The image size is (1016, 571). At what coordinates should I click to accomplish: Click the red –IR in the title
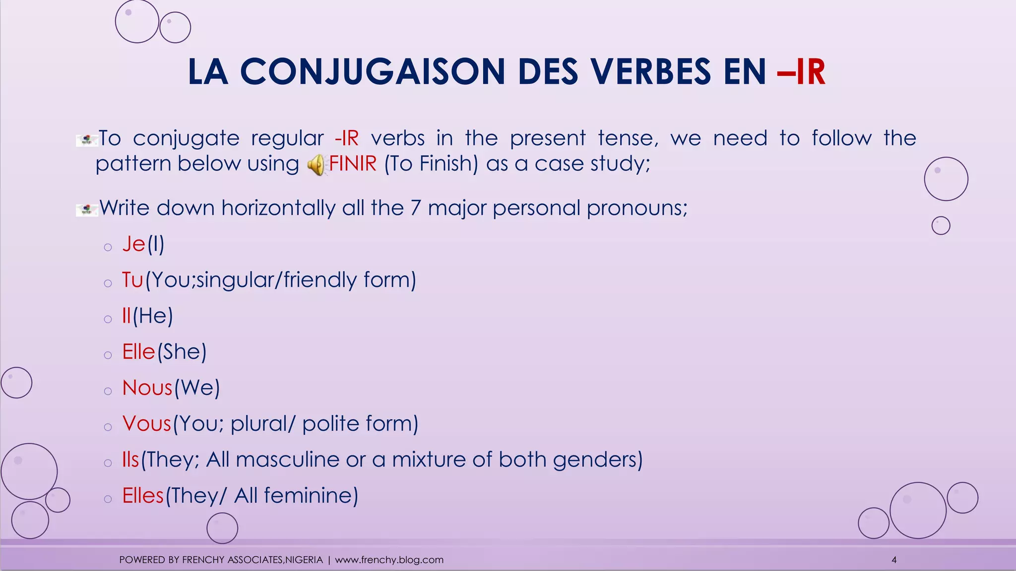801,72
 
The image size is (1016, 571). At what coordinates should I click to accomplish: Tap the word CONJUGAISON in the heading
372,72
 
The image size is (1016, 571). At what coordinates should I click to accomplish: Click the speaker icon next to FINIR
316,165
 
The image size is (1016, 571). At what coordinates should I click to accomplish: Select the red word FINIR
353,164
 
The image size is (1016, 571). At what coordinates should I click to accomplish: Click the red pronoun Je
133,244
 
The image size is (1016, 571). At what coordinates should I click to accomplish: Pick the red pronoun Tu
132,280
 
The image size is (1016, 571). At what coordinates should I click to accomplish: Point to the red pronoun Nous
147,388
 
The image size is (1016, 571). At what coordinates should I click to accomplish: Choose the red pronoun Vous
146,424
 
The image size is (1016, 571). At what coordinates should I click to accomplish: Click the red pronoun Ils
130,459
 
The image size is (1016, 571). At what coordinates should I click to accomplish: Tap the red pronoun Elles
143,496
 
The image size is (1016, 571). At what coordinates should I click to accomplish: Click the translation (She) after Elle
182,352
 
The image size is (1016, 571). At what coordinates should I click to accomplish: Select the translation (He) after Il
153,316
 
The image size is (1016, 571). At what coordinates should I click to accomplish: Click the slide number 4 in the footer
894,560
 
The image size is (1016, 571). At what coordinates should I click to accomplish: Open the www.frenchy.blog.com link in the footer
389,560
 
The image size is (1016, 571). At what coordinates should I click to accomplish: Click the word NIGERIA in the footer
304,560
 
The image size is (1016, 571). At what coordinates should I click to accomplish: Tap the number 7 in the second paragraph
416,208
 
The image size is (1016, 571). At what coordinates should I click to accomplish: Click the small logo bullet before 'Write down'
87,210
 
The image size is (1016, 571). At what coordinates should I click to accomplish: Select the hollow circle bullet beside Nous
108,391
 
